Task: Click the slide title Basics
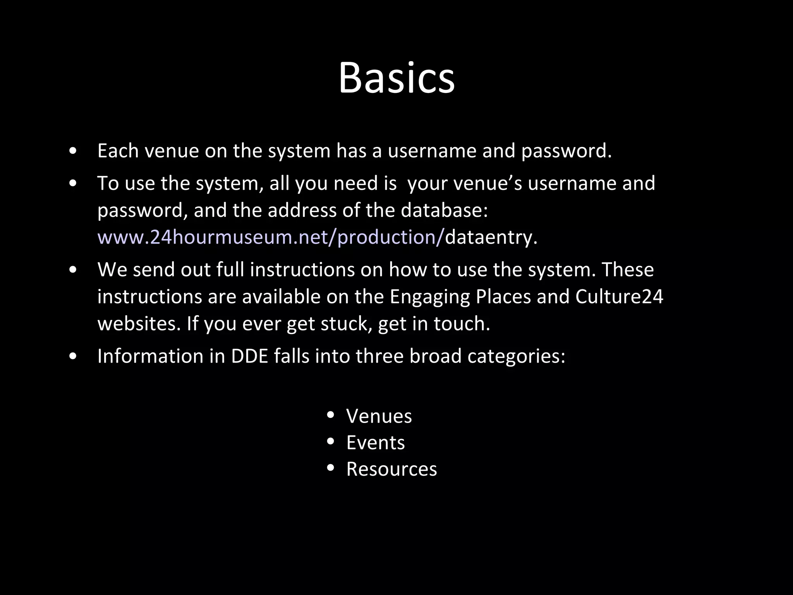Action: tap(396, 78)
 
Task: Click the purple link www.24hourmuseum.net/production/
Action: tap(270, 237)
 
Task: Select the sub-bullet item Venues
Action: tap(379, 416)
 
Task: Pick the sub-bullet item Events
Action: tap(375, 443)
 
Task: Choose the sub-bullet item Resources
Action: tap(391, 469)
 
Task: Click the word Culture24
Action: tap(619, 297)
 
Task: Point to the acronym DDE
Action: tap(249, 356)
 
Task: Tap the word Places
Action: tap(503, 297)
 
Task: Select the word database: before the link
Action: tap(444, 210)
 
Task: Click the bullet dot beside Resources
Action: tap(330, 468)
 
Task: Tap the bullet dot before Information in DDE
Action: tap(73, 357)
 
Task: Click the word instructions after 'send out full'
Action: tap(302, 270)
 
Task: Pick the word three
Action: tap(379, 356)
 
